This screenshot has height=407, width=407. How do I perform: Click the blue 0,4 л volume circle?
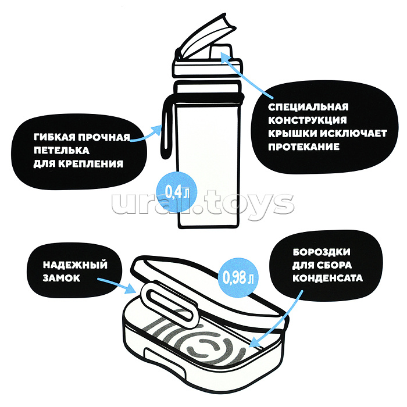(177, 191)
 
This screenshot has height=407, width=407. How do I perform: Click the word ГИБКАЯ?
(55, 137)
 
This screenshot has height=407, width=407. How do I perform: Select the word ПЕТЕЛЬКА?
(62, 151)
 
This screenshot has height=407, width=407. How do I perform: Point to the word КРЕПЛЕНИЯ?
(90, 164)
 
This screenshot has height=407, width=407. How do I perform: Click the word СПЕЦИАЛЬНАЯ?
(308, 107)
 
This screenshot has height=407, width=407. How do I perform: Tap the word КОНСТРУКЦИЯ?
(308, 120)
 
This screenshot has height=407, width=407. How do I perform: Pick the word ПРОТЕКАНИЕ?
(304, 147)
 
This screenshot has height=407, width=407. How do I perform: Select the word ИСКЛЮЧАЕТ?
(354, 133)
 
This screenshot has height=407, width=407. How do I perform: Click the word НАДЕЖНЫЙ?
(75, 265)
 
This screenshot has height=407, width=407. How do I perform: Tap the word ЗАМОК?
(62, 279)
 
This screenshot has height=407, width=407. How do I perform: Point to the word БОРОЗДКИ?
(322, 252)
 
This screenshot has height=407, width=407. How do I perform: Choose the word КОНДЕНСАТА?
(327, 279)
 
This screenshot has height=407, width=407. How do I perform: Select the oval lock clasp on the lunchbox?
(169, 303)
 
